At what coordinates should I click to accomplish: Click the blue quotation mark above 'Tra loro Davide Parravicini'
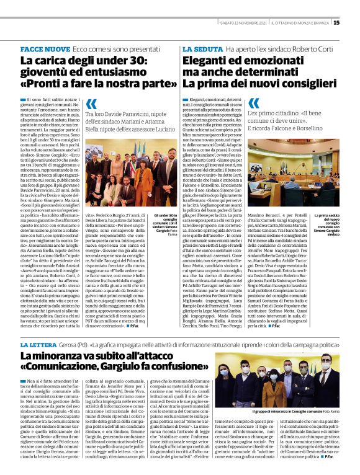tap(92, 104)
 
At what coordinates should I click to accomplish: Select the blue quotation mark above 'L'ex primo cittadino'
tap(254, 104)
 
